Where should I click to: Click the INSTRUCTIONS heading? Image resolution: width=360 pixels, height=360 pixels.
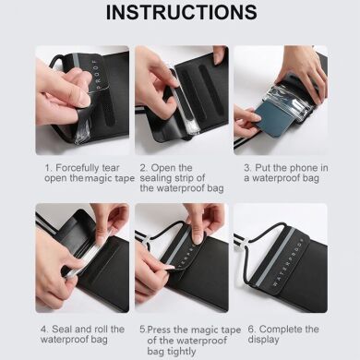click(x=180, y=13)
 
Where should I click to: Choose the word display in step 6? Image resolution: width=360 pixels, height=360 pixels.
click(x=265, y=340)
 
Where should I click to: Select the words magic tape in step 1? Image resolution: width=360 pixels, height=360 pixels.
click(x=95, y=179)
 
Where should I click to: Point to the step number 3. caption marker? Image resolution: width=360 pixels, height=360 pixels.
click(x=247, y=169)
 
